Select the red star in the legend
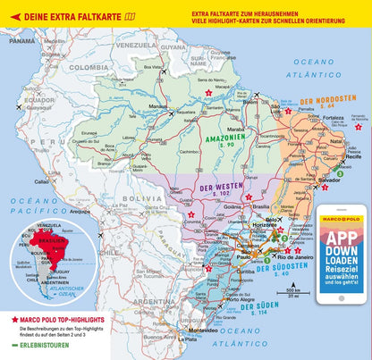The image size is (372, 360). click(x=14, y=318)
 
